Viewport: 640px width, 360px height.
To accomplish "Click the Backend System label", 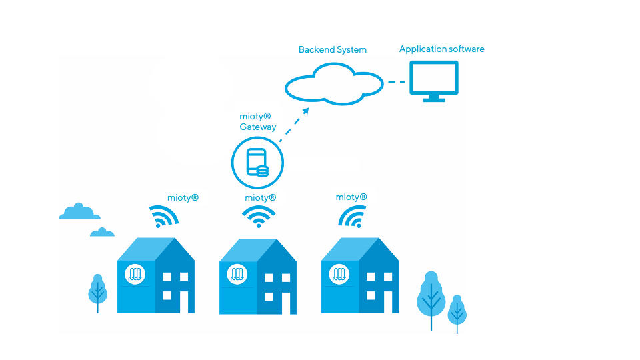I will (x=332, y=50).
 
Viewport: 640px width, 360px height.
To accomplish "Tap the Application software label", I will (x=441, y=49).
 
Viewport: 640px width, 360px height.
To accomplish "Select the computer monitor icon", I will (x=433, y=80).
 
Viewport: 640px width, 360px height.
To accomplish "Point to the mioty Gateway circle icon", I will (x=257, y=163).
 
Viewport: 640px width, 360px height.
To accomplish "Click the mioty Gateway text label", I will (x=257, y=121).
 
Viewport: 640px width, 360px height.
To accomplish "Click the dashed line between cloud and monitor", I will (x=397, y=82).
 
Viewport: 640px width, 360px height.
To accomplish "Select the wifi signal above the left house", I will (x=163, y=217).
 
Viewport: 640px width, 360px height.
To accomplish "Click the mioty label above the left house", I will (x=183, y=198).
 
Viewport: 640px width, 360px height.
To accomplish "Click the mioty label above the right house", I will (x=351, y=197).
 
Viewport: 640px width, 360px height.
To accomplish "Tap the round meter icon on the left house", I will (x=135, y=274).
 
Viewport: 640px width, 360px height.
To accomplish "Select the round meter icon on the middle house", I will (x=237, y=274).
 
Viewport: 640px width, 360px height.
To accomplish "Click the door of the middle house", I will (x=285, y=303).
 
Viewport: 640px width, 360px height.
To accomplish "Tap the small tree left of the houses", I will (x=98, y=291).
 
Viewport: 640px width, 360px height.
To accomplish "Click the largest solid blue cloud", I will (x=80, y=213).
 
